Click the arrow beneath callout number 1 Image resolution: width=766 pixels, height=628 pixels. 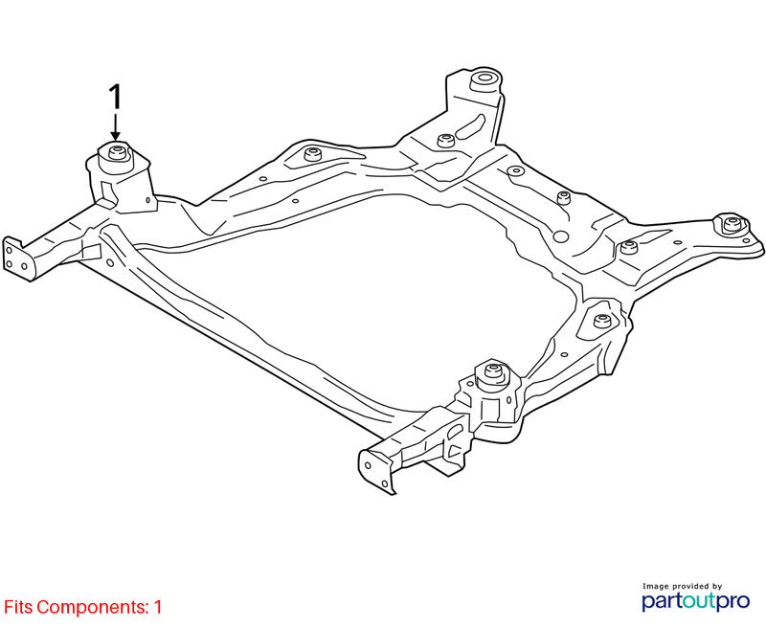[115, 127]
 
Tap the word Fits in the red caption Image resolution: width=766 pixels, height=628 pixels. [18, 608]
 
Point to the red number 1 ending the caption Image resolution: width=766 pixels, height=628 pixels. [158, 608]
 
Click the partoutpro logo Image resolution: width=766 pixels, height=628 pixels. [695, 601]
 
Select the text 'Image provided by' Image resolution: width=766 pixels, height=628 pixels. [682, 586]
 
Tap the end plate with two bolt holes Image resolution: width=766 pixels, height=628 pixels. [376, 473]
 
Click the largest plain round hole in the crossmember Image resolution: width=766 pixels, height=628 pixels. [560, 236]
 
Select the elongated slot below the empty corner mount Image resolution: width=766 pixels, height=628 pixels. [470, 126]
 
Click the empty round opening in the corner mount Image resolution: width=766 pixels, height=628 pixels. [484, 78]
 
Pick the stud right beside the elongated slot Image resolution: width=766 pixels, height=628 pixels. [444, 141]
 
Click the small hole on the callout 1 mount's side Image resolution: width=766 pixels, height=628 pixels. [148, 200]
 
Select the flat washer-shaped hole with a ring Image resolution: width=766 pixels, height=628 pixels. [515, 171]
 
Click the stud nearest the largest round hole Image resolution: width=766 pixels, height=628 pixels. [564, 198]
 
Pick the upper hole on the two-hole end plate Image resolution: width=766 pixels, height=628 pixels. [368, 465]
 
